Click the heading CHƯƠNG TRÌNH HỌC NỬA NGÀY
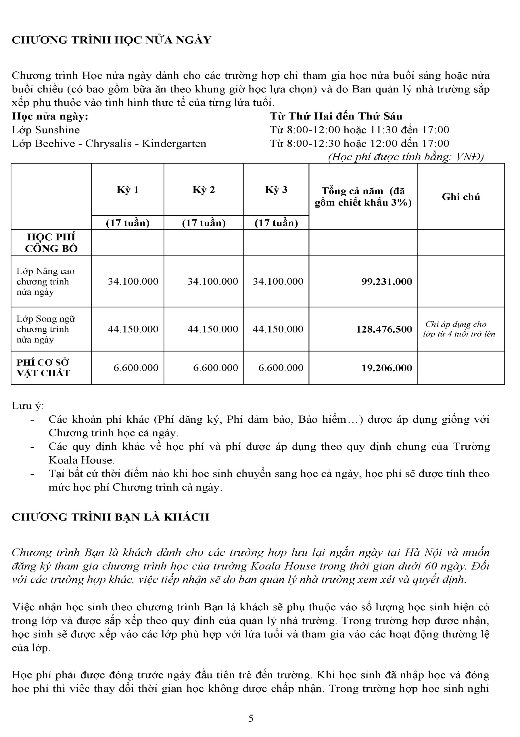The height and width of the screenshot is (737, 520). tap(112, 40)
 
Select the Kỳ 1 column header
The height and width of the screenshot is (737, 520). tap(127, 190)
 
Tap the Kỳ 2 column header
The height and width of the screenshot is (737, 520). tap(204, 190)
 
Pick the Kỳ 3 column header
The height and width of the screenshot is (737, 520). tap(276, 190)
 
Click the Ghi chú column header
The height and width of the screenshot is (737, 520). tap(461, 197)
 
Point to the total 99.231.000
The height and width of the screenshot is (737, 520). tap(387, 282)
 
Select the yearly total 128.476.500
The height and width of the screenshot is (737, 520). tap(384, 329)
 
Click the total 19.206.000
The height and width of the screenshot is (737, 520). tap(387, 368)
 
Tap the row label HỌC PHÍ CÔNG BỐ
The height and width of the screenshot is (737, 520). tap(51, 243)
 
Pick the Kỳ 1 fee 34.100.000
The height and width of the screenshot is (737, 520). tap(133, 282)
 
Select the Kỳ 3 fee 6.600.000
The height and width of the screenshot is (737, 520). tap(281, 368)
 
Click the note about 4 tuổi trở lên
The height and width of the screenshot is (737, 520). tap(459, 329)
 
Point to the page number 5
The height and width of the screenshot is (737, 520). tap(251, 718)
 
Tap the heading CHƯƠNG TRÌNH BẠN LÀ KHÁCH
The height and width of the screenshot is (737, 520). tap(110, 517)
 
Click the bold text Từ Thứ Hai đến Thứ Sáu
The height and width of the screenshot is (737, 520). tap(336, 116)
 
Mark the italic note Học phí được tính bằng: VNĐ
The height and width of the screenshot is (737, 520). tap(406, 157)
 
